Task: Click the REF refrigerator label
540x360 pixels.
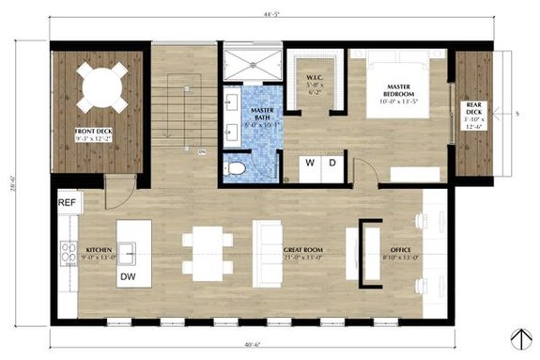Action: click(67, 202)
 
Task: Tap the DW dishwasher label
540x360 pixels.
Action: click(127, 277)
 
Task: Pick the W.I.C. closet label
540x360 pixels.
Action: click(315, 83)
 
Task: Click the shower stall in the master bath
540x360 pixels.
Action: click(254, 62)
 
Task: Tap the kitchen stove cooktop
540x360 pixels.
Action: click(68, 252)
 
